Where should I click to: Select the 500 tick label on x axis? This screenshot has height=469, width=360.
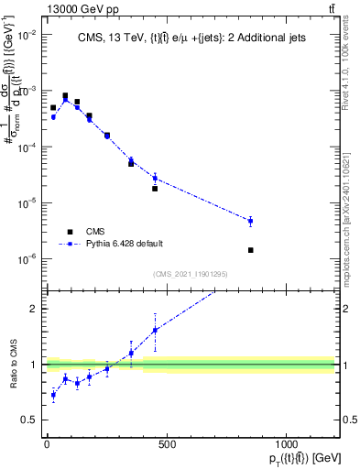point(167,444)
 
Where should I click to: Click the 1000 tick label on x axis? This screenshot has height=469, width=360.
point(287,444)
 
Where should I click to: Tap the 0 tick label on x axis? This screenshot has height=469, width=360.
point(47,444)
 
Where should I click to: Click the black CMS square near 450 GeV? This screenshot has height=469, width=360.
point(155,189)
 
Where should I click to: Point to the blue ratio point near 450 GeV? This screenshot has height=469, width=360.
point(155,330)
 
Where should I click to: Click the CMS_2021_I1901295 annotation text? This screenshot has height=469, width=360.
point(191,273)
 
